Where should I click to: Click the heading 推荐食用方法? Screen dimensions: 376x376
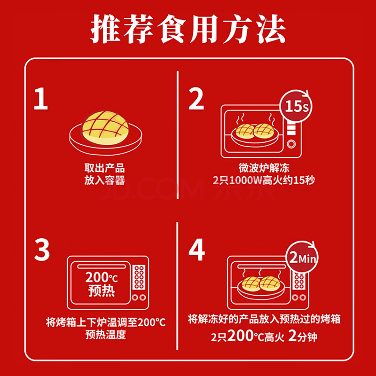coord(188,29)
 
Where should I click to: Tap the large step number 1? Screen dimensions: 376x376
coord(41,99)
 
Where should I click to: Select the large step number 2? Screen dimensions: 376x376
coord(196,99)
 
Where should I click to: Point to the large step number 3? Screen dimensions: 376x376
coord(42,250)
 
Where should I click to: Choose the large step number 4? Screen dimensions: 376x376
coord(196,250)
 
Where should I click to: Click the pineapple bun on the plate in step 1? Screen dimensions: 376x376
coord(105,128)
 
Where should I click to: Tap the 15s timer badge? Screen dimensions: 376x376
coord(297,106)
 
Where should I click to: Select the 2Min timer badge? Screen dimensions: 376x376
coord(302,257)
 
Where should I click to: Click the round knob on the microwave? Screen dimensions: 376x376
coord(291,144)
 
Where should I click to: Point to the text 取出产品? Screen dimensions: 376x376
coord(104,168)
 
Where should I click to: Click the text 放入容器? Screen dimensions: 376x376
coord(104,180)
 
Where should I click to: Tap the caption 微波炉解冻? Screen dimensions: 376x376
coord(264,168)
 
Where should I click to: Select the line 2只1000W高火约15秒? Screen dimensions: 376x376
coord(264,180)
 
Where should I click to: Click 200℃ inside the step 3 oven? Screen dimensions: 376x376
coord(102,277)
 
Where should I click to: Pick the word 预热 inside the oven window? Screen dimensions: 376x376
coord(102,290)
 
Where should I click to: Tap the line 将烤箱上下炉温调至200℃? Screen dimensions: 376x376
coord(106,322)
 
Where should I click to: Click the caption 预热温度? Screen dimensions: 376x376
coord(106,335)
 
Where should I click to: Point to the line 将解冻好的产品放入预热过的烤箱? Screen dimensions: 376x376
coord(264,319)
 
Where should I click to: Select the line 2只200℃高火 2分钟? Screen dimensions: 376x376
coord(264,336)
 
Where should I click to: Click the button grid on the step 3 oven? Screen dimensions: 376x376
coord(139,277)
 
